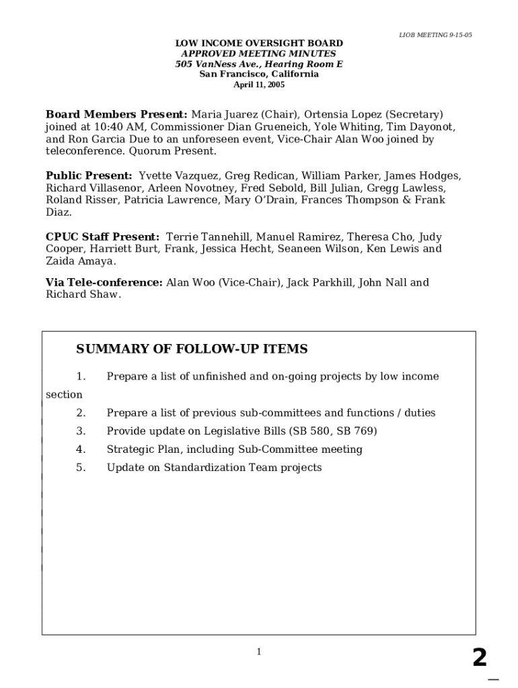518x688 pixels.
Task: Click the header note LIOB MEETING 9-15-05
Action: click(x=435, y=35)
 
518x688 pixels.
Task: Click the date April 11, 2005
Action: click(x=259, y=85)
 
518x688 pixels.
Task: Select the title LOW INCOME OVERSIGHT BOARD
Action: click(x=259, y=44)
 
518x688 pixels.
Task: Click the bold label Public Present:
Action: click(x=89, y=176)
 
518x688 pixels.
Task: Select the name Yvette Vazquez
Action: click(x=178, y=176)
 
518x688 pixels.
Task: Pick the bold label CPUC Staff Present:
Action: click(x=102, y=237)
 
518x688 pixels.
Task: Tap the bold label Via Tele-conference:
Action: click(x=104, y=283)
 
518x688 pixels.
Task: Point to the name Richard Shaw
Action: click(x=83, y=295)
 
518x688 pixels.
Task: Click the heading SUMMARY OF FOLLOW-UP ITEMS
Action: click(x=192, y=349)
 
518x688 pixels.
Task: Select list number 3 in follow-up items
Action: click(x=81, y=431)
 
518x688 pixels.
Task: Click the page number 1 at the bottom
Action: click(x=258, y=651)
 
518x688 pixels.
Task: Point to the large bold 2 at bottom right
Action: click(x=479, y=658)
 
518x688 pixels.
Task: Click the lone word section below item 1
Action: click(x=64, y=395)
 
